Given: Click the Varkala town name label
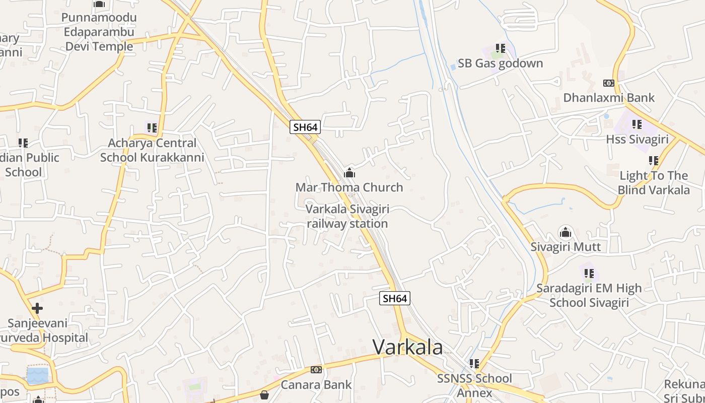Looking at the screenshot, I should point(408,347).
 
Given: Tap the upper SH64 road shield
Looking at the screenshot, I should point(305,127).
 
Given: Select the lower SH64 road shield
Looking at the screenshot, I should point(395,298).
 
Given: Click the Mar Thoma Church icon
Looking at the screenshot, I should point(349,173).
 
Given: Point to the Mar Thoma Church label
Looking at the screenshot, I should point(349,187).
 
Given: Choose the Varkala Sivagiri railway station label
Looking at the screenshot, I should point(347,217).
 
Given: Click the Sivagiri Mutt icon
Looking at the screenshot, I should point(566,233).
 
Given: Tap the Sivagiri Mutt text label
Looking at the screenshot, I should point(566,247).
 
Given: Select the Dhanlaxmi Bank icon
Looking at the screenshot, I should point(609,83).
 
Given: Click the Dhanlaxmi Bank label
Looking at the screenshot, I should point(609,98).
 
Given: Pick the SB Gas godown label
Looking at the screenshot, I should point(500,63).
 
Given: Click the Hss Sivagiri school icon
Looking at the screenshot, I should point(637,124).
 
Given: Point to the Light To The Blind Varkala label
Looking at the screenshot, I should point(653,183).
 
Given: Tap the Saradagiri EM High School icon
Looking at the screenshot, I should point(589,274).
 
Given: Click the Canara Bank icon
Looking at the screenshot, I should point(316,370).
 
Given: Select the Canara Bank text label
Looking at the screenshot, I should point(316,385).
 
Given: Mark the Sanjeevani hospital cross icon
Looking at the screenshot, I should point(37,308).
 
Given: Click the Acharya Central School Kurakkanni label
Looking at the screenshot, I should point(152,150).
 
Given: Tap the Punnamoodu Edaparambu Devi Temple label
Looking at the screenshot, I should point(99,32).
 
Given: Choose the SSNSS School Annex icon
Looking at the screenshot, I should point(474,363).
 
